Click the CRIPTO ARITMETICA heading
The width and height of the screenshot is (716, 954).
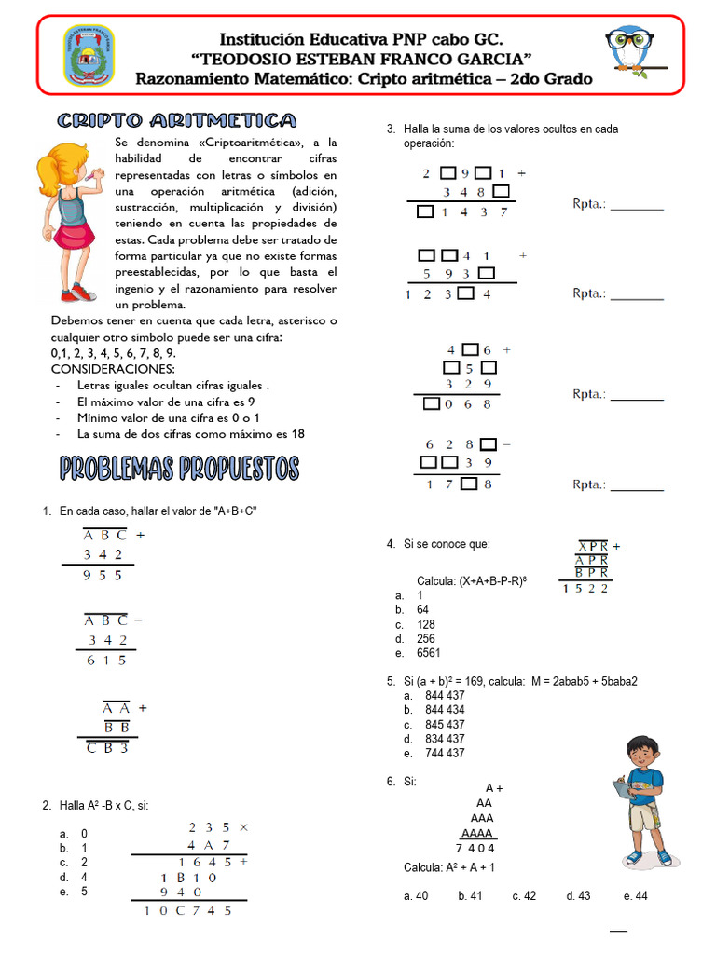(x=176, y=121)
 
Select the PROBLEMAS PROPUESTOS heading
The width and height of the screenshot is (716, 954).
(x=180, y=468)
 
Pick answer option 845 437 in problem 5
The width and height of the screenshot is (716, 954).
(x=445, y=724)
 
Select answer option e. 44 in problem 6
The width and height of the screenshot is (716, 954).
(x=636, y=895)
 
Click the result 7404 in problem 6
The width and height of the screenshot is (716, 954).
(x=475, y=848)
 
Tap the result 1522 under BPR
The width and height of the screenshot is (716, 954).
(x=586, y=588)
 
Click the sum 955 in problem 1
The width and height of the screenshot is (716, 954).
(x=103, y=576)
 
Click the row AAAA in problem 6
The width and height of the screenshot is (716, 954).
(x=478, y=833)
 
